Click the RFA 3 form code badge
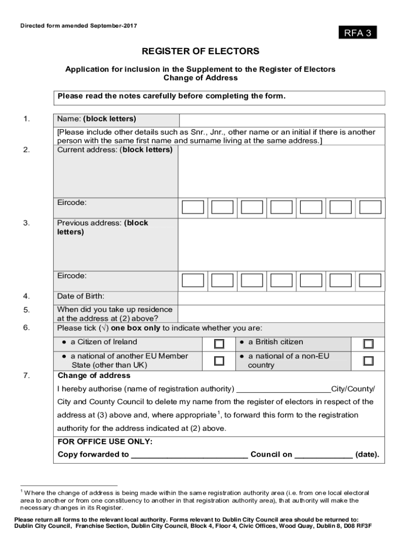(x=357, y=33)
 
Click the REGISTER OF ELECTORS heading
(x=200, y=51)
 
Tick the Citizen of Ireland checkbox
(x=219, y=344)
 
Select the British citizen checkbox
(x=369, y=344)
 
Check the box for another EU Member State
(x=219, y=360)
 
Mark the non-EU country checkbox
(x=369, y=360)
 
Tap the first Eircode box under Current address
(x=193, y=207)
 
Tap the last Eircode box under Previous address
(x=371, y=281)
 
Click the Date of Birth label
(x=80, y=296)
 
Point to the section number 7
(x=26, y=375)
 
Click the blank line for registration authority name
(x=283, y=390)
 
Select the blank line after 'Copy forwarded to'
(x=190, y=455)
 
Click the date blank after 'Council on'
(x=324, y=455)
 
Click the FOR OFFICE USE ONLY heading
(x=105, y=442)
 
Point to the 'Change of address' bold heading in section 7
(x=94, y=375)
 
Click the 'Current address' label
(x=114, y=150)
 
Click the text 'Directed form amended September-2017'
(x=78, y=26)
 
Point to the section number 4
(x=26, y=296)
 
